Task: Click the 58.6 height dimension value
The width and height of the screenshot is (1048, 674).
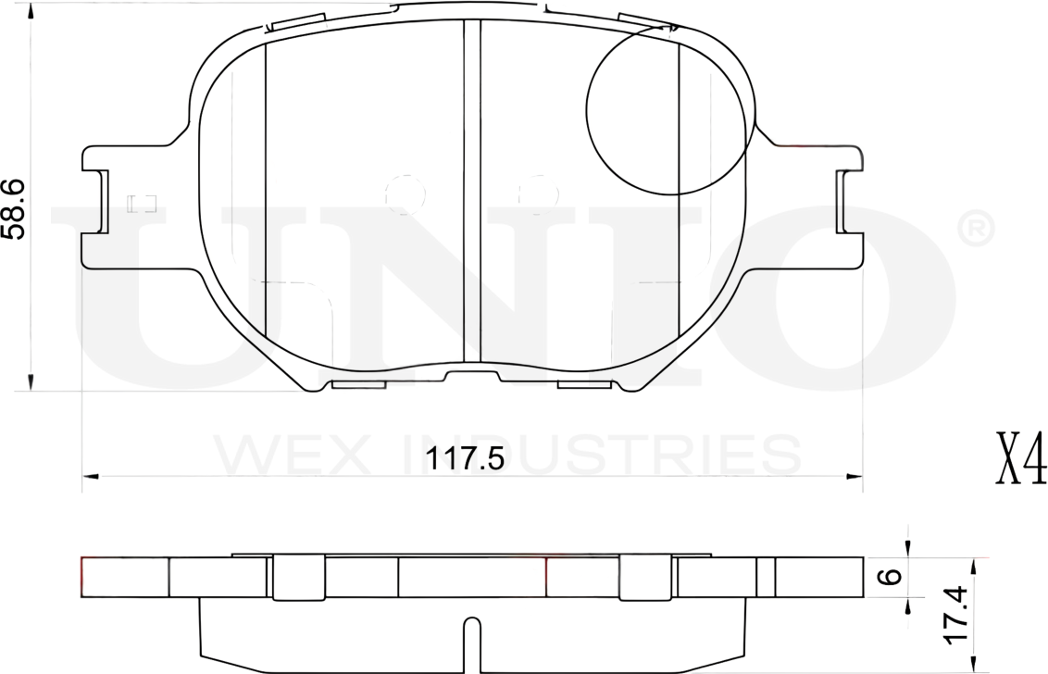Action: (x=13, y=209)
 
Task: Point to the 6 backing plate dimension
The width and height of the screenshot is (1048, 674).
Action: (x=889, y=577)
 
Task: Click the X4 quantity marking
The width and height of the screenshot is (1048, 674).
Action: (x=1021, y=458)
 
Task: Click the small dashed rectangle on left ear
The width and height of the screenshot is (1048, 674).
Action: (x=142, y=203)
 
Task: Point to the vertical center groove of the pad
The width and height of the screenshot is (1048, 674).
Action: (x=472, y=190)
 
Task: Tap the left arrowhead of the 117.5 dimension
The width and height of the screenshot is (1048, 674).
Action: (x=90, y=477)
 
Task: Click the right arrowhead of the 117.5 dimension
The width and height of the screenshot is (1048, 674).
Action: (x=855, y=477)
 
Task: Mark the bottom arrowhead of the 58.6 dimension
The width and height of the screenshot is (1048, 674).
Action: (x=31, y=382)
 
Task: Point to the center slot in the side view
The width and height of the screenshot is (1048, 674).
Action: (x=471, y=643)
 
